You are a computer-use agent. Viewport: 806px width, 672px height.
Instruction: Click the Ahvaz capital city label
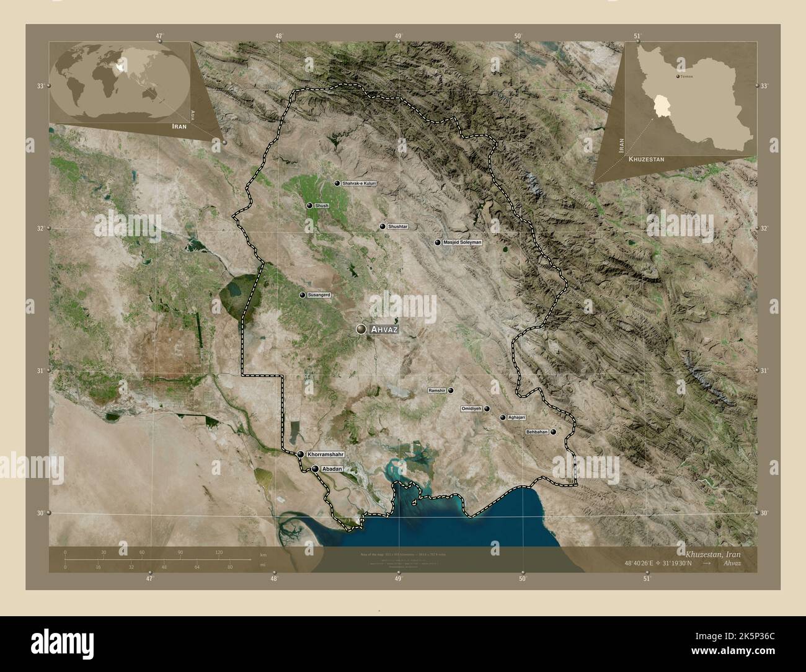tap(383, 330)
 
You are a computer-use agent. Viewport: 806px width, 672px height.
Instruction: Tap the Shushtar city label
tap(397, 227)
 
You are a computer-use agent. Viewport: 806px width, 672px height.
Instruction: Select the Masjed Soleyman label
tap(463, 242)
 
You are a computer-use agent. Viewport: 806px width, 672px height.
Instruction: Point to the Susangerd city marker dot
tap(302, 295)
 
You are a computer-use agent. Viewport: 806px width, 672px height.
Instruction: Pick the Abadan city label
tap(332, 469)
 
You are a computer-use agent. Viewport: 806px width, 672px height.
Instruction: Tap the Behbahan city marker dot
tap(553, 432)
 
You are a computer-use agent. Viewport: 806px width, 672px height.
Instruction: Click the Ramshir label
tap(436, 391)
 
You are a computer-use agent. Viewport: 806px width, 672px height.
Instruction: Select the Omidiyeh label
tap(471, 409)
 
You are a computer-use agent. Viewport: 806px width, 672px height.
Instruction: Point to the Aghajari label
tap(516, 418)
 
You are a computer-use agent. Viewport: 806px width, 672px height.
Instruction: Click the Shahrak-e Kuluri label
tap(359, 183)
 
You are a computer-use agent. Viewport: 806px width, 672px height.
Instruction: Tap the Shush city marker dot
tap(309, 205)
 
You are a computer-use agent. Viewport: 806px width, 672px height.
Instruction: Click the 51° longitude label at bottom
tap(647, 578)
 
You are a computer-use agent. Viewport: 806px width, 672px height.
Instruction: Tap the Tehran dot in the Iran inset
tap(677, 76)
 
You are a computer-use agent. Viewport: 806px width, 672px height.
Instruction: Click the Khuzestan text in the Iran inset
tap(646, 159)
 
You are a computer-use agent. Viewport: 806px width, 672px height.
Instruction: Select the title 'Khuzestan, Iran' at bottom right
tap(712, 552)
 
